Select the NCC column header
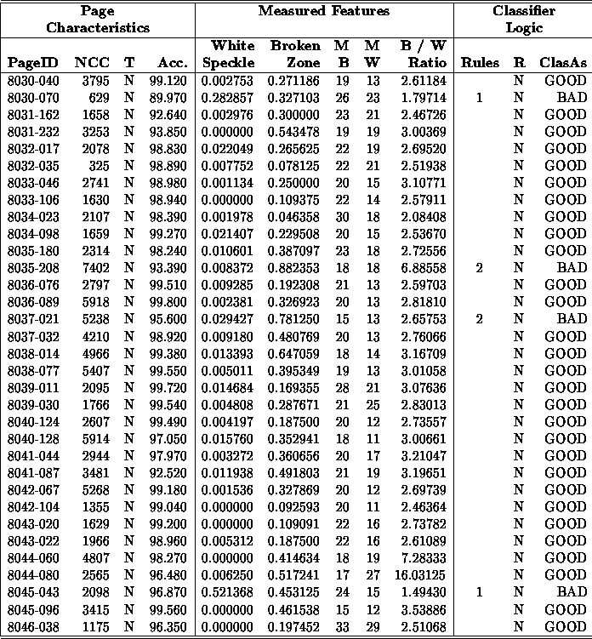tap(91, 63)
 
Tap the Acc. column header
tap(173, 63)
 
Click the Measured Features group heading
tap(323, 11)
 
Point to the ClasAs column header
tap(563, 63)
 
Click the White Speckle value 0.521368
tap(226, 592)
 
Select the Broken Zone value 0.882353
tap(294, 268)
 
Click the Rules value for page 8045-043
tap(480, 592)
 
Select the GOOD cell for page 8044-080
tap(565, 575)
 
